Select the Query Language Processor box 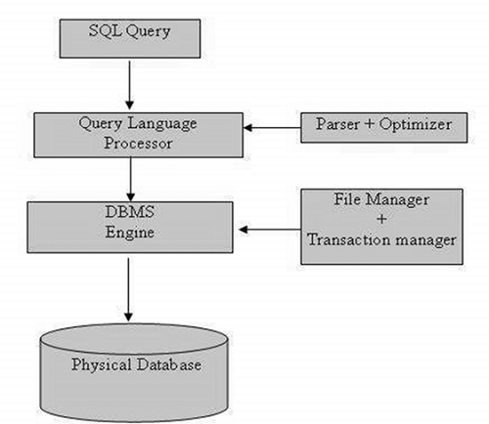128,134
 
